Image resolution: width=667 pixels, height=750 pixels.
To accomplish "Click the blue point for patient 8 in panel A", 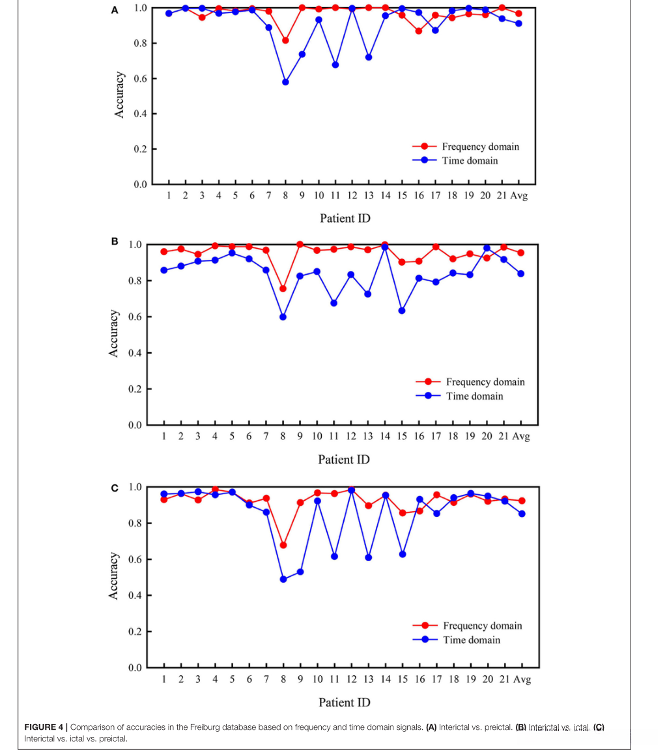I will click(285, 82).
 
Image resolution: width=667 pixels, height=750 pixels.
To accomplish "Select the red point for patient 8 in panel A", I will click(285, 40).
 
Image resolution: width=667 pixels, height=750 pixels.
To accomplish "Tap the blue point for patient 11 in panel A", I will click(335, 64).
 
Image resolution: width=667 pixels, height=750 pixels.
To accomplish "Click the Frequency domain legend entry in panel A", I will click(480, 146).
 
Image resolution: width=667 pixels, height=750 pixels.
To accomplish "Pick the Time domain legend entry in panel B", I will click(474, 396).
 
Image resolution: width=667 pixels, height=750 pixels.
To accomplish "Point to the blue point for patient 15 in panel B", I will click(402, 311).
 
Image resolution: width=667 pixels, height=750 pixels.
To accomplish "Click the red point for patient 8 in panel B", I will click(283, 288).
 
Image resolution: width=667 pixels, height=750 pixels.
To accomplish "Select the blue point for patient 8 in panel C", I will click(283, 579).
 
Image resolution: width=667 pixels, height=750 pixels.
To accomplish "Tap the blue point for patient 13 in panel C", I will click(369, 557).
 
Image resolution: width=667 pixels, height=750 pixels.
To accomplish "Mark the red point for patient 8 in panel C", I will click(283, 545).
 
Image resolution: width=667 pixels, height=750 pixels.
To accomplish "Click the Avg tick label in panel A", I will click(518, 196).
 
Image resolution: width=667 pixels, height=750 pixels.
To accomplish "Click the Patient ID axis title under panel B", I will click(344, 460).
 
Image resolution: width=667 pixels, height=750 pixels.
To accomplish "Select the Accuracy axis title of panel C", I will click(114, 576).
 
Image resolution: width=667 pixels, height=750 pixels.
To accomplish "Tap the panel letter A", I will click(115, 10).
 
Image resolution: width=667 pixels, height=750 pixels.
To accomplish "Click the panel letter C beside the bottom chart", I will click(115, 488).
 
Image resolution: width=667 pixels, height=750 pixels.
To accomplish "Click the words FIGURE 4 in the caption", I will click(46, 727).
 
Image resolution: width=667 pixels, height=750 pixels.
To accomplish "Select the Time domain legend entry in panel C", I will click(472, 640).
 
